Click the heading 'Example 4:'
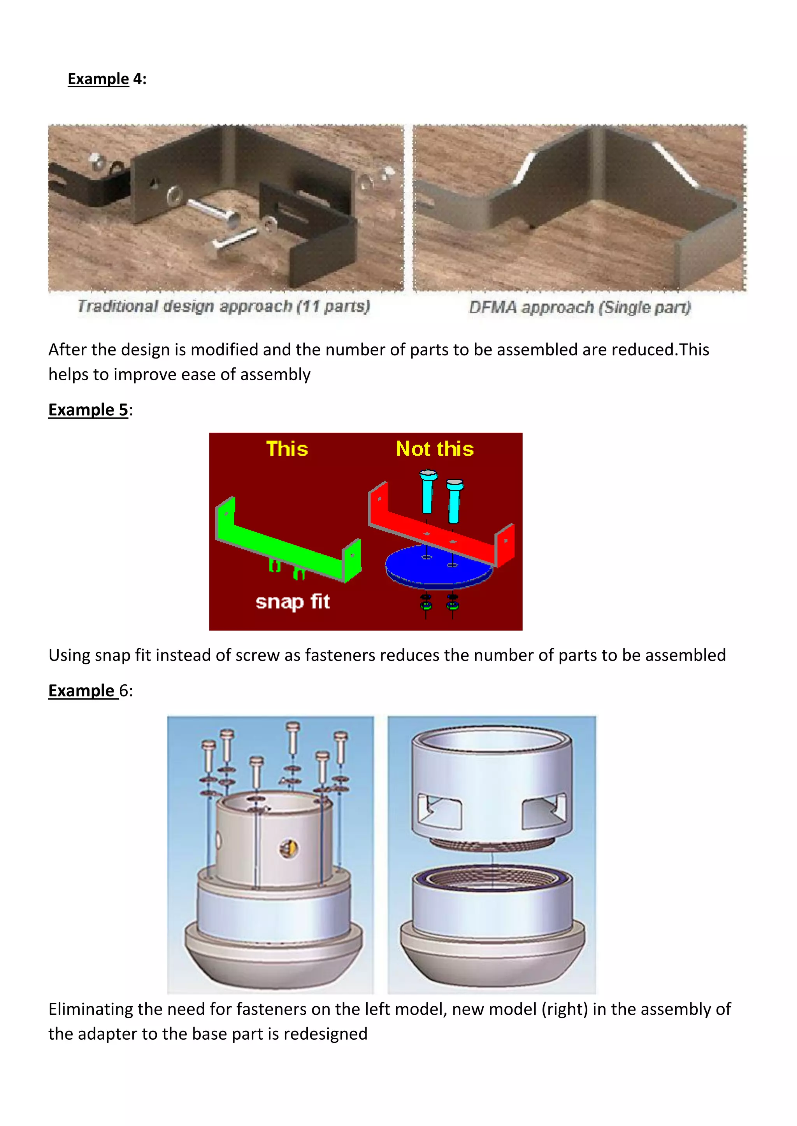[x=107, y=79]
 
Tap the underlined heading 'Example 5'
[x=88, y=409]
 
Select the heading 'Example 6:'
[x=90, y=691]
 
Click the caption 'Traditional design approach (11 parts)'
[x=223, y=306]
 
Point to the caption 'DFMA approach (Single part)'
[x=579, y=308]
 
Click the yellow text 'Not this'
[x=434, y=449]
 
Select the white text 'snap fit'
[x=293, y=602]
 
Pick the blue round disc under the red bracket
[x=438, y=569]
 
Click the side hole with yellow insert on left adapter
[x=289, y=848]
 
